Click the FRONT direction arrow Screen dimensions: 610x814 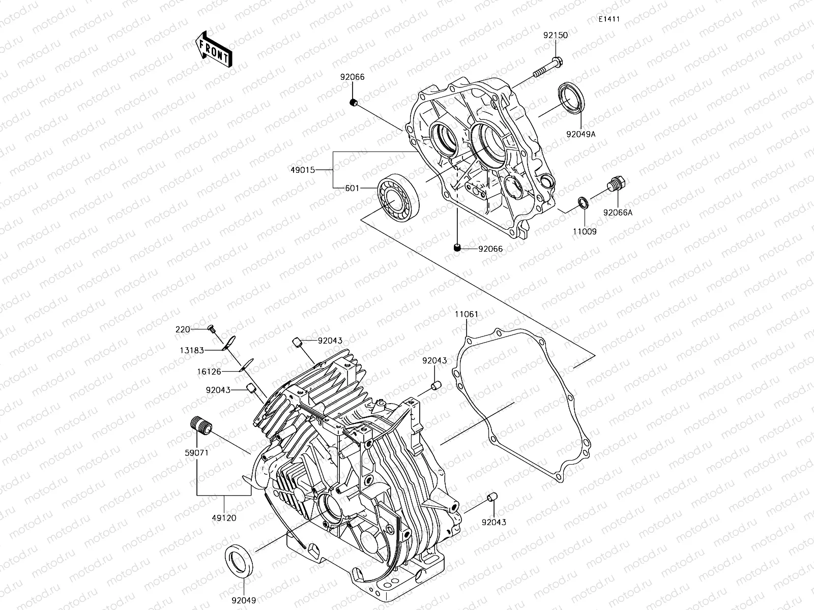pos(213,49)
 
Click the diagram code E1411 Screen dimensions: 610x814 pos(608,19)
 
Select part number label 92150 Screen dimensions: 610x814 pos(555,36)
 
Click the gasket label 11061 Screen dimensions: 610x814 pos(466,314)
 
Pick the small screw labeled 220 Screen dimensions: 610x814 pos(211,329)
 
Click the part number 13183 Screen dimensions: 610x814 pos(191,350)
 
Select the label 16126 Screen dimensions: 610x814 pos(210,372)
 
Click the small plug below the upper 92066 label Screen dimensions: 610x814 pos(353,103)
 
